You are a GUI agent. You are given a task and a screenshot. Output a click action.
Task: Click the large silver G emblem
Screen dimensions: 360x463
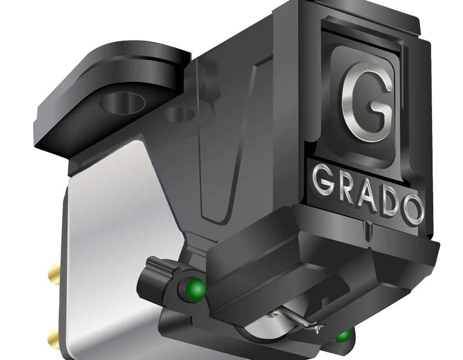366,101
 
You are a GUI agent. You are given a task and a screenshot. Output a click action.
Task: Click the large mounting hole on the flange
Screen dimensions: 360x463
122,102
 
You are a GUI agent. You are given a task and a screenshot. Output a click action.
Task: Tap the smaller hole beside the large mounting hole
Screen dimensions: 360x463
180,114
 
